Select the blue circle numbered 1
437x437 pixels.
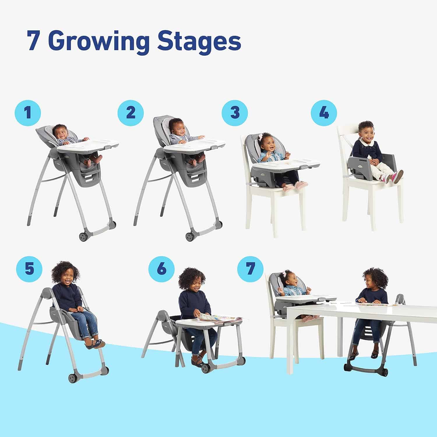click(x=28, y=113)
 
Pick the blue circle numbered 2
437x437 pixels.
click(x=131, y=113)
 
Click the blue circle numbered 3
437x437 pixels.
click(x=235, y=113)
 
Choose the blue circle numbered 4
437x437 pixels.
click(x=324, y=113)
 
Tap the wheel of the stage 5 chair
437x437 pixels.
click(x=73, y=378)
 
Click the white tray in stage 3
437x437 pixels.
click(x=286, y=165)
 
